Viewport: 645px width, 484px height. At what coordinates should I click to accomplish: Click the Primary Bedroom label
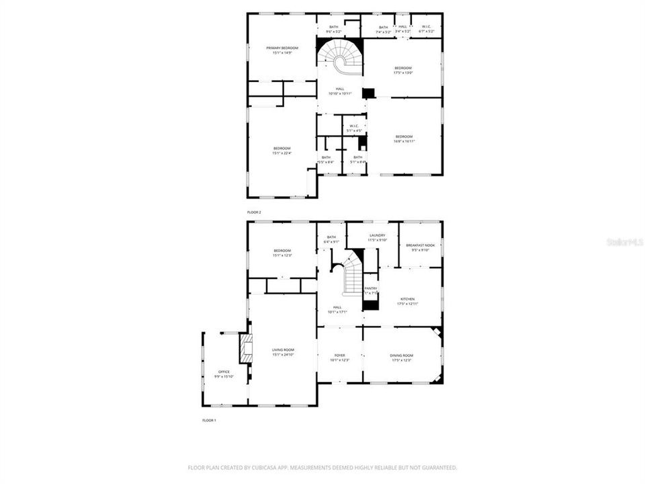click(282, 48)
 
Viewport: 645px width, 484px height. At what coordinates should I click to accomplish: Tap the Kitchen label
click(408, 299)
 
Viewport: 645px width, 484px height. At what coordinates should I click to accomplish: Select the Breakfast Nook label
click(421, 245)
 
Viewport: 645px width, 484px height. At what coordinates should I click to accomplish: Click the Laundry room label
click(376, 235)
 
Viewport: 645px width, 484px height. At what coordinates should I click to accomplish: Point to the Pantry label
click(371, 288)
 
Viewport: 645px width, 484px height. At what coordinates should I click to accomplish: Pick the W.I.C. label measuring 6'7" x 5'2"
click(427, 28)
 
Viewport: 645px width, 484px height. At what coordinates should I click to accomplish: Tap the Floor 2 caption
click(254, 212)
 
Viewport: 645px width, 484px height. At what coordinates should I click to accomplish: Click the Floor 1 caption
click(209, 420)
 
